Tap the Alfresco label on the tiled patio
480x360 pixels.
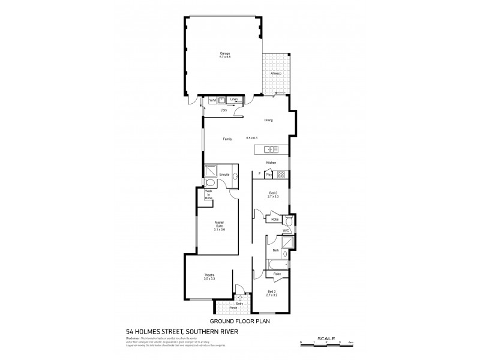pos(276,73)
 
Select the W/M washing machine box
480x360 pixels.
pos(212,100)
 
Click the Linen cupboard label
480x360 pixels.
pos(234,99)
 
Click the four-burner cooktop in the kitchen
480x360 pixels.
pos(281,175)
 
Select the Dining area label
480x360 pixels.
pos(268,121)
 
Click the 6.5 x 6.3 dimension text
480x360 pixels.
pos(251,139)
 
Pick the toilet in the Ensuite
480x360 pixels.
pos(210,183)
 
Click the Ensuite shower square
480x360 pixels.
pos(211,170)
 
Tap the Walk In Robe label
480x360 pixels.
pos(209,195)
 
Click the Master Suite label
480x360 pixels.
pos(219,226)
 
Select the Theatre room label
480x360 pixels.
pos(209,277)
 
